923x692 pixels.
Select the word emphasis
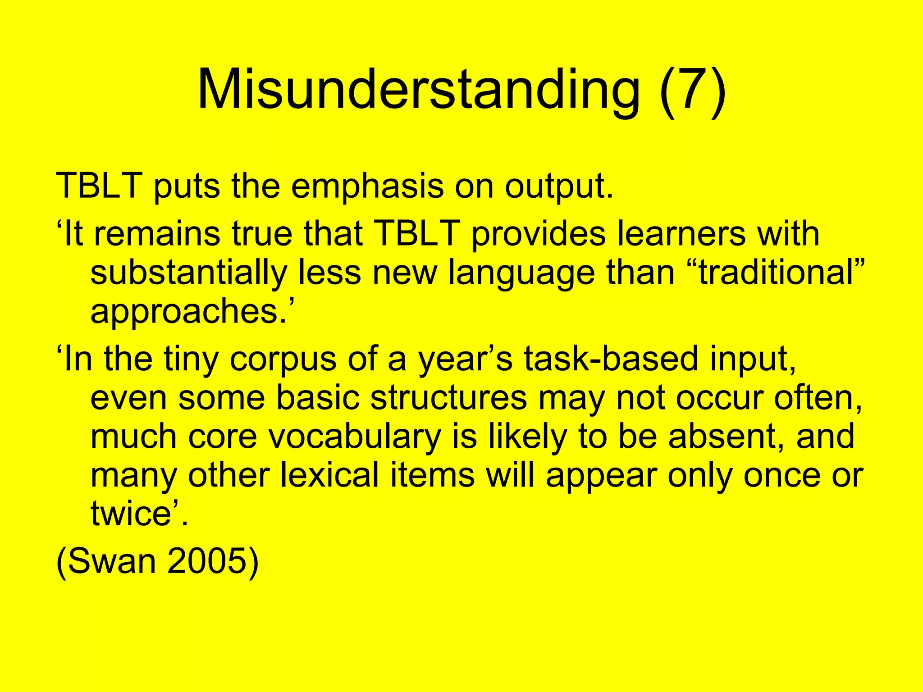pos(367,186)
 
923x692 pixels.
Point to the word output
pos(559,186)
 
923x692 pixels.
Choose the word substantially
pos(189,273)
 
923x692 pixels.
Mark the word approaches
pos(189,312)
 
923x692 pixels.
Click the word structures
pos(402,398)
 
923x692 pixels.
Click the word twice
pos(131,514)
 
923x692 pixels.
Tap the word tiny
pos(191,359)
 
